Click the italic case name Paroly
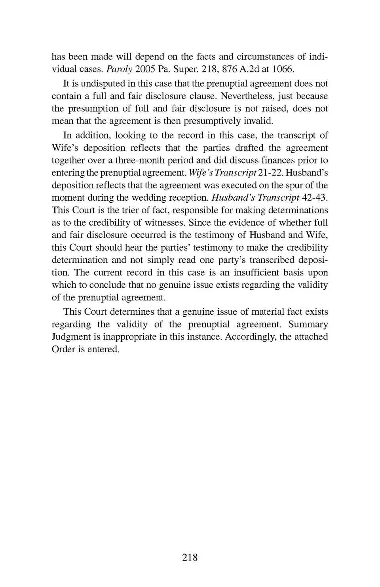119,69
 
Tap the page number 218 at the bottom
190,557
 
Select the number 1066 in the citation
283,69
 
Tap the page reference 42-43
314,198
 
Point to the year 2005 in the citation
144,69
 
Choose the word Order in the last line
62,350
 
